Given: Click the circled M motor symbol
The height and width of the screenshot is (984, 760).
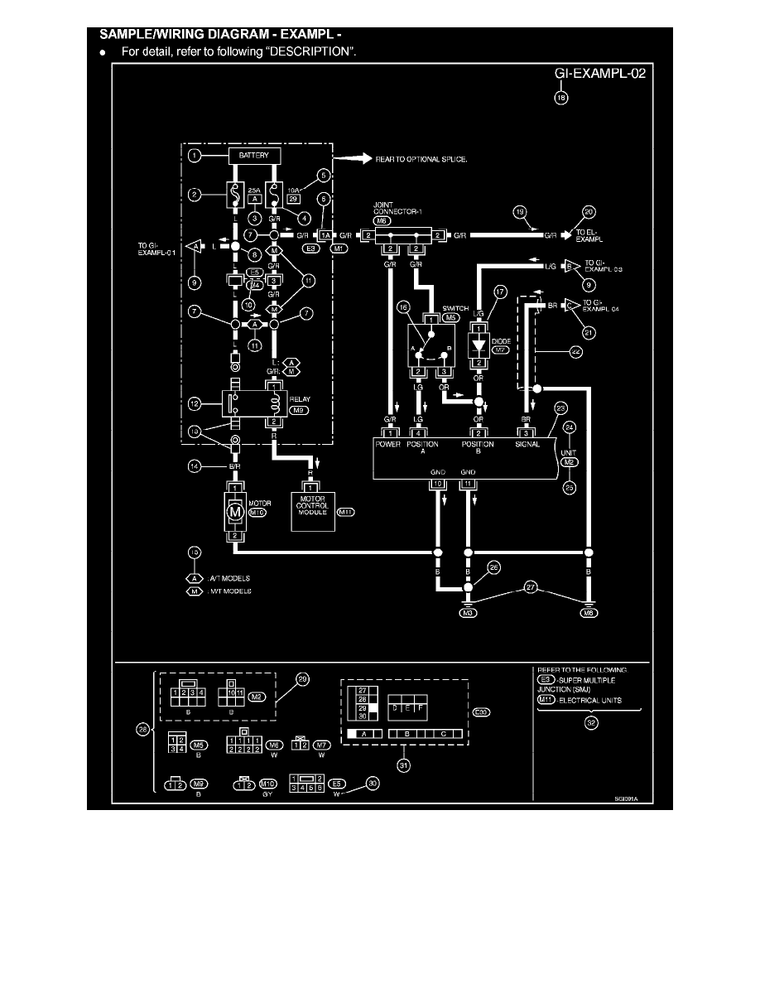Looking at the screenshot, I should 235,513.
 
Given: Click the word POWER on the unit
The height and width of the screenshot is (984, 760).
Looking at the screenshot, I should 388,445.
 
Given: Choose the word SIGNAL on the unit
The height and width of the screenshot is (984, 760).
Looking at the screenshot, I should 527,445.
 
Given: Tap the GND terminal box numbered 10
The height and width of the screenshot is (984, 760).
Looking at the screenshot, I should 435,483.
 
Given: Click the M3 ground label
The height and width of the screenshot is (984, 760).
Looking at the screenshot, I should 466,613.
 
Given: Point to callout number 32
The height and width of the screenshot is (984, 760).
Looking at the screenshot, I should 592,721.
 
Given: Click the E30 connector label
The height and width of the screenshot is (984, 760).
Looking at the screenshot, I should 481,711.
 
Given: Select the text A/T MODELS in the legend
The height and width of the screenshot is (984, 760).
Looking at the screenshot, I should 232,578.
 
